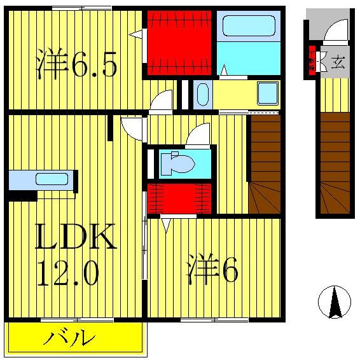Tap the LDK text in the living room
click(x=75, y=237)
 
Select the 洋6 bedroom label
click(x=212, y=270)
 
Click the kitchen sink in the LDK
click(x=47, y=179)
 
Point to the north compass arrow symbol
click(x=335, y=301)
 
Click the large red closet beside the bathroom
click(x=179, y=41)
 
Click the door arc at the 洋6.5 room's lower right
click(x=163, y=100)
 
